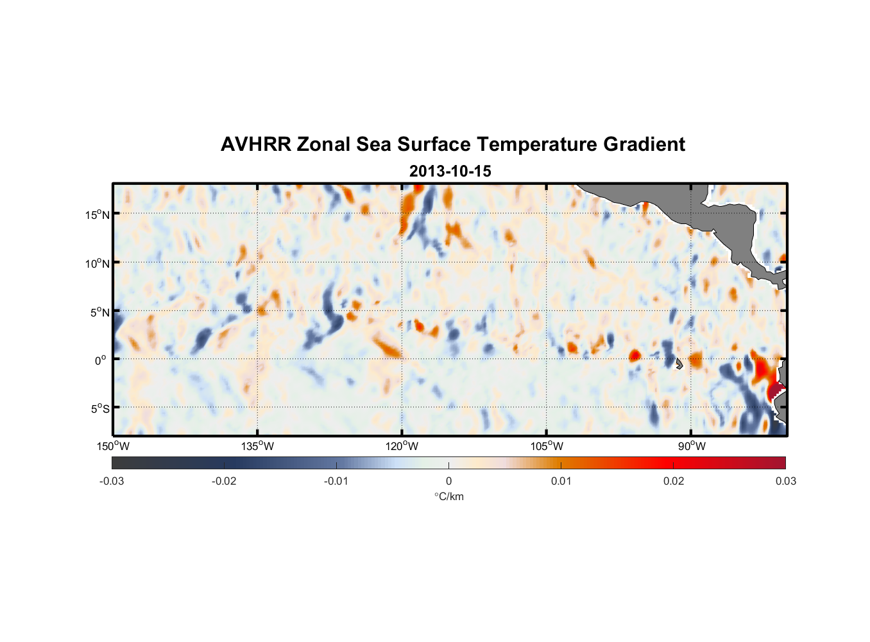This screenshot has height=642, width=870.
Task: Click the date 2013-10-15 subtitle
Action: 450,171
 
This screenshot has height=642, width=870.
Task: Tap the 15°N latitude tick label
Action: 97,214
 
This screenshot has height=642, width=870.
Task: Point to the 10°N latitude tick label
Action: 97,263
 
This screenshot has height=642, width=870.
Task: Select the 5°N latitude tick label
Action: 99,312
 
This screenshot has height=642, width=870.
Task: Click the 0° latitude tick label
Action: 101,360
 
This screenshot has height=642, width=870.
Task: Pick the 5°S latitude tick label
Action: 99,409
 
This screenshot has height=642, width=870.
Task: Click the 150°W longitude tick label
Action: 113,446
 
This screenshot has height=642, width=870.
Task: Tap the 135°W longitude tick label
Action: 257,446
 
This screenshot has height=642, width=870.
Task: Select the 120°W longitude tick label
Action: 402,446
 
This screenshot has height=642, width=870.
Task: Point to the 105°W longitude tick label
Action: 547,446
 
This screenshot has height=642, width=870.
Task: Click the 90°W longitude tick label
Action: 691,446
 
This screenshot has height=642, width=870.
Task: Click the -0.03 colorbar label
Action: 112,481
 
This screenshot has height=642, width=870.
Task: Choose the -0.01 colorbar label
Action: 336,481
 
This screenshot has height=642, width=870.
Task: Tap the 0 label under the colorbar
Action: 448,481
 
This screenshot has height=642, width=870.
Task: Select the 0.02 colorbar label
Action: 673,481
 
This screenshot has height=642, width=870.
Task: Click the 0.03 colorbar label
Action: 785,481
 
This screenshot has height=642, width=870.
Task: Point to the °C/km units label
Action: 448,497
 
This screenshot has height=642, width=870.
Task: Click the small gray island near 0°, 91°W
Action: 679,364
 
